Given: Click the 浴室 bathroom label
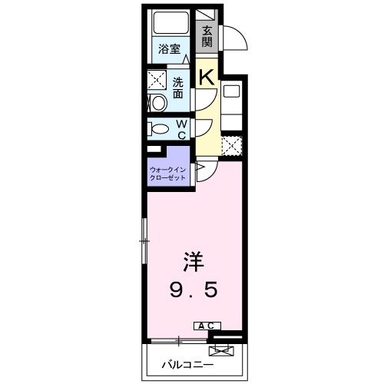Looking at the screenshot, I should point(169,48).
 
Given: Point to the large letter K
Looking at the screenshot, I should point(207,76).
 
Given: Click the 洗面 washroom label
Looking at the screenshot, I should point(178,88).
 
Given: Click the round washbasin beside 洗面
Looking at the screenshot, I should point(157,102).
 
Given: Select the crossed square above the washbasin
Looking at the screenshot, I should point(157,79).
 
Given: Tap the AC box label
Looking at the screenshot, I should point(207,326).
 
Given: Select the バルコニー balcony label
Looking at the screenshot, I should point(182,364).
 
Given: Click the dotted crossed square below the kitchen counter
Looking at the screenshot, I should point(231,145).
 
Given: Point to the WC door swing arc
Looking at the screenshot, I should point(204,127).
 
